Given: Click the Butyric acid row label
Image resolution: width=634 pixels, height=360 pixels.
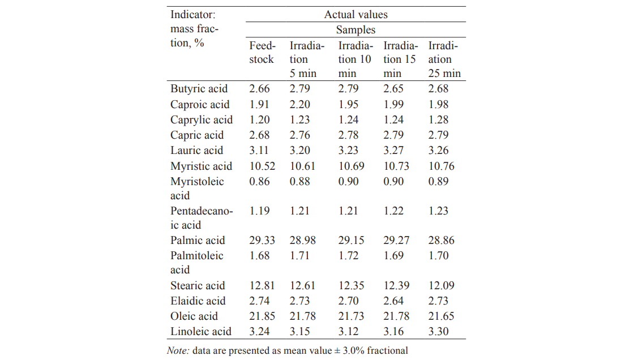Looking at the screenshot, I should [x=199, y=89].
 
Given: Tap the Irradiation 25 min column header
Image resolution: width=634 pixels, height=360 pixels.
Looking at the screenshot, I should [x=444, y=59].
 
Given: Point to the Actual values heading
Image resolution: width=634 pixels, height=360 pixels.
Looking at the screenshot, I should [x=355, y=15].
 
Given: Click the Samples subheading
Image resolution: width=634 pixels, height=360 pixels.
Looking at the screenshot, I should [x=355, y=29].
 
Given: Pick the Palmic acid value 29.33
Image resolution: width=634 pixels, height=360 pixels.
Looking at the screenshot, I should [x=262, y=241].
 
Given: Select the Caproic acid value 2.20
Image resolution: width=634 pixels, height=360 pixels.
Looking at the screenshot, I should [x=301, y=105].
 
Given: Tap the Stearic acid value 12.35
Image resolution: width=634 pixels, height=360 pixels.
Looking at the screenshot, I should [x=351, y=286].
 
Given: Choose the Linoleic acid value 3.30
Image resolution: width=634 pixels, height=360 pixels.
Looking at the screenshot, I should [x=438, y=332].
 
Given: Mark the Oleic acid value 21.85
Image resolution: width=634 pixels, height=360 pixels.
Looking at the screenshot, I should [x=262, y=316].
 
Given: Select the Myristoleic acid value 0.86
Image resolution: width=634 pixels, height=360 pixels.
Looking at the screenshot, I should [x=260, y=182].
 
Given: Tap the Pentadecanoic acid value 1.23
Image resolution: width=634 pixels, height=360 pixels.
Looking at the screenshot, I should [x=438, y=211].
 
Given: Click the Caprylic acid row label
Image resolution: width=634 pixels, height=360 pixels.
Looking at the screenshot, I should [x=202, y=120].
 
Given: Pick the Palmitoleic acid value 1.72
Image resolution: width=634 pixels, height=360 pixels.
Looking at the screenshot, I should [x=348, y=256].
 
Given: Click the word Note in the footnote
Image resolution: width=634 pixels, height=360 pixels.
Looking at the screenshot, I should [x=178, y=350].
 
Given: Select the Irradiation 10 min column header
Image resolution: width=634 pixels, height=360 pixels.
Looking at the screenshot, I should [x=355, y=59].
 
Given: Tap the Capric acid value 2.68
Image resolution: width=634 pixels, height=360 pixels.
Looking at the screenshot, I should [x=260, y=135].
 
